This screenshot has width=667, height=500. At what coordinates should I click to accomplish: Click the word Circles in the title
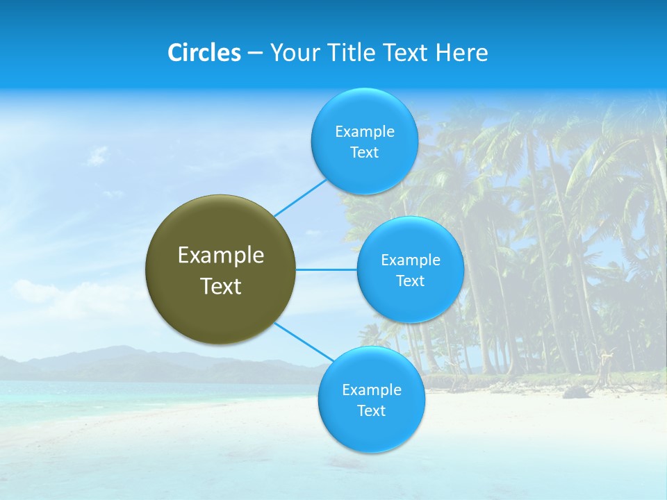(204, 53)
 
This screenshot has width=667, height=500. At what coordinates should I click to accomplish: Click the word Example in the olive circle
(221, 256)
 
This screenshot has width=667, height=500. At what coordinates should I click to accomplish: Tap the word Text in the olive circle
(221, 286)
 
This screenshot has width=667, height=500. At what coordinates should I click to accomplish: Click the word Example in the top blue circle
(365, 131)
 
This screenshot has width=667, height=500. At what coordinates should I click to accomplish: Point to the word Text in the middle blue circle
(410, 281)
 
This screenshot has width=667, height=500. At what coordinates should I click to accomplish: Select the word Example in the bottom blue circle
(372, 390)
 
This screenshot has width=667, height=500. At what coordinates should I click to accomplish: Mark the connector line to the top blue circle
(300, 197)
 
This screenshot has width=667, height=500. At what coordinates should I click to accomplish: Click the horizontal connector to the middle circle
(326, 269)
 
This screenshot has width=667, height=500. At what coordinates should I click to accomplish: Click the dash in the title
(255, 53)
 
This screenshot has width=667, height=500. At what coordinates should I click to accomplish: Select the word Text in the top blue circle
(365, 152)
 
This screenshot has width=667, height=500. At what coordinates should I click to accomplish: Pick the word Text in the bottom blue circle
(372, 410)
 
